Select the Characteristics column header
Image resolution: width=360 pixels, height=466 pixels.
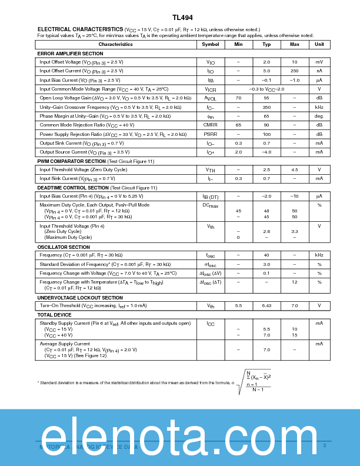click(115, 44)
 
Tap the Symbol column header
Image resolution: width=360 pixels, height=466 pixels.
click(210, 44)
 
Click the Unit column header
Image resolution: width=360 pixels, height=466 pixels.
click(319, 44)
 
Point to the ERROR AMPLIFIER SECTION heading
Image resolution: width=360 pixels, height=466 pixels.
click(70, 54)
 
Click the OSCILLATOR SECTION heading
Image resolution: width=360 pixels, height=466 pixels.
click(64, 247)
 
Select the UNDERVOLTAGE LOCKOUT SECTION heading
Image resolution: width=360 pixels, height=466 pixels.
click(80, 298)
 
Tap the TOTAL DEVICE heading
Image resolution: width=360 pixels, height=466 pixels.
click(54, 315)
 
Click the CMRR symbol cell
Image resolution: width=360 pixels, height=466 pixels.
click(210, 125)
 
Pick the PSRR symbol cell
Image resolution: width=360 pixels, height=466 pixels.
click(210, 134)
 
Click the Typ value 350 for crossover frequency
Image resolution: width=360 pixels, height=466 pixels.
click(266, 107)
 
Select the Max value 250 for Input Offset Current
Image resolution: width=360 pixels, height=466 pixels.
click(294, 71)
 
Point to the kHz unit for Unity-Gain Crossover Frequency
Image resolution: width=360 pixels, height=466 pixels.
click(319, 107)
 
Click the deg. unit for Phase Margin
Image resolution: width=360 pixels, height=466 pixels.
click(319, 116)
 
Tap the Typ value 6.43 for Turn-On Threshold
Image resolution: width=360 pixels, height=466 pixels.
click(266, 306)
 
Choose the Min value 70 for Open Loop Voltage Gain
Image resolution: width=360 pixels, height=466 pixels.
click(238, 98)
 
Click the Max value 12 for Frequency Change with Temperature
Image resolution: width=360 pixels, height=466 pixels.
click(294, 282)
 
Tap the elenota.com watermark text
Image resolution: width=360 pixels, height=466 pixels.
click(179, 437)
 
